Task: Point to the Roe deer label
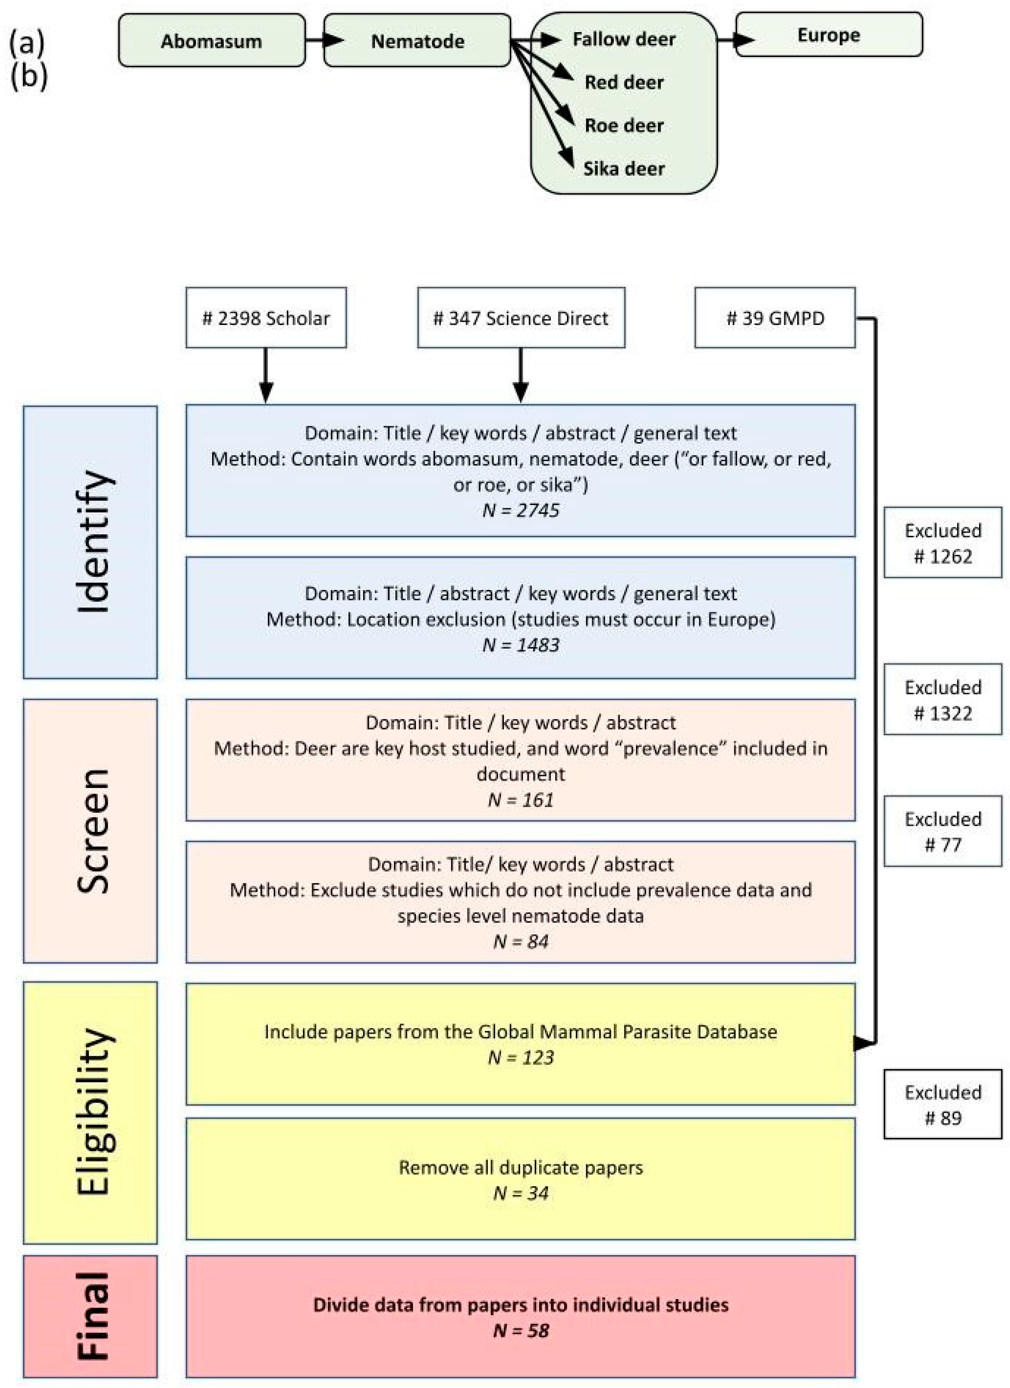click(624, 126)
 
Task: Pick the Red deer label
click(624, 82)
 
